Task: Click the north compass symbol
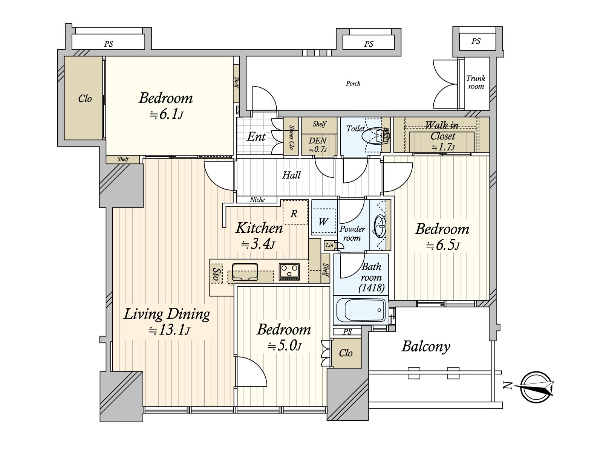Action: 536,387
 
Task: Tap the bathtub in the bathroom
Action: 360,310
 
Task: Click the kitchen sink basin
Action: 245,272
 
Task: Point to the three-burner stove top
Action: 289,272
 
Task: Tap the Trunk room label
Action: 476,82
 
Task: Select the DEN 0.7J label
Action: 318,145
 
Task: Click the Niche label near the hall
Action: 257,200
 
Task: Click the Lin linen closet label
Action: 329,245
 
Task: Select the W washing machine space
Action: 323,221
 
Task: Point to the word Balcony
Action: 426,347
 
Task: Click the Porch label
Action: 353,83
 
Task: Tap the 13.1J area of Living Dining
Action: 169,330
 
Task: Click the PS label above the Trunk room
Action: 476,41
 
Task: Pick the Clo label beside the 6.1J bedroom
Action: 85,99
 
